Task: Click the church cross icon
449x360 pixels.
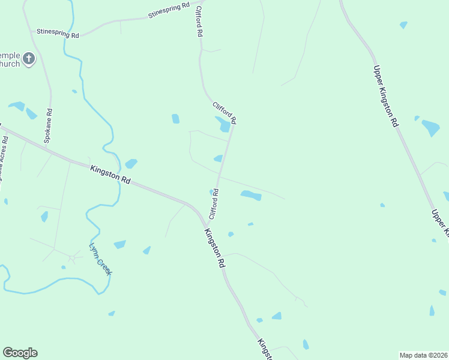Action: point(29,59)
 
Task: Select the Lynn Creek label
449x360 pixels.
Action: point(100,259)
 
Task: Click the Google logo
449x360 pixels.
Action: point(20,353)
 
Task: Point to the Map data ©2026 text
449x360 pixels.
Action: point(424,355)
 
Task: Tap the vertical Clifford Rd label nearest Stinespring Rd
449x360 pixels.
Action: point(197,22)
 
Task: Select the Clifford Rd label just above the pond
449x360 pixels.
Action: point(224,112)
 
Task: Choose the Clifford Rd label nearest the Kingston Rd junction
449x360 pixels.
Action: point(213,204)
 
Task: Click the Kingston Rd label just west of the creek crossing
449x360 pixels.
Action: point(110,175)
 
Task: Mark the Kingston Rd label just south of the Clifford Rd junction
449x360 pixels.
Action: point(214,248)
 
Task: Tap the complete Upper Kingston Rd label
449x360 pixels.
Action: point(385,95)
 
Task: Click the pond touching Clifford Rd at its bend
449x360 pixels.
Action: point(223,124)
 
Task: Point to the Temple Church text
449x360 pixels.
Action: point(10,59)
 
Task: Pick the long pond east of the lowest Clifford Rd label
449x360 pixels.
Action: point(251,195)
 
